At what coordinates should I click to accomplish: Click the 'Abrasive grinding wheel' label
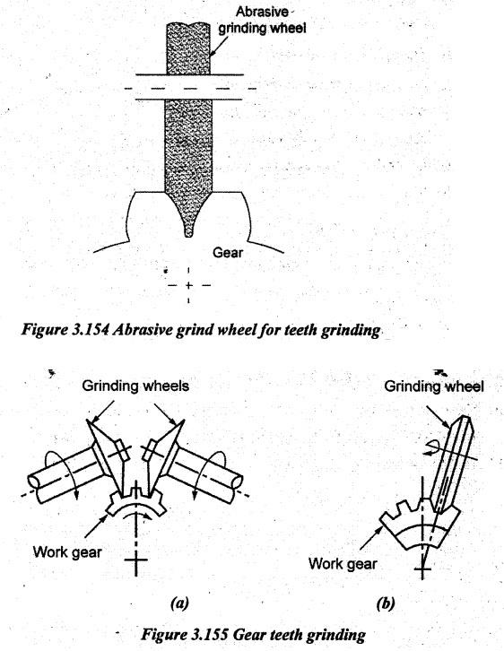coord(263,20)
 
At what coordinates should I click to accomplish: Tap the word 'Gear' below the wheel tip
coord(228,253)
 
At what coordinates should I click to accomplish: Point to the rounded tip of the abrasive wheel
coord(188,231)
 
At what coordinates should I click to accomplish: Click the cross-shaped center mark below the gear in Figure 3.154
coord(189,286)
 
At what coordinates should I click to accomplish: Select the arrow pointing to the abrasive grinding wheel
coord(219,47)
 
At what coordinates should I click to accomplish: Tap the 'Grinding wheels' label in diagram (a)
coord(135,386)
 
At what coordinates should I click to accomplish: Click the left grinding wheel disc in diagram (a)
coord(109,456)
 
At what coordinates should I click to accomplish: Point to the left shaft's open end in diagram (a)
coord(33,482)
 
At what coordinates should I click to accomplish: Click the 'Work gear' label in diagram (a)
coord(67,552)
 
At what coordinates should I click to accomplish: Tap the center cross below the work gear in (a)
coord(135,560)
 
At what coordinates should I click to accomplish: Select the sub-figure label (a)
coord(179,603)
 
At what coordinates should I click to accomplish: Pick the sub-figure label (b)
coord(386,603)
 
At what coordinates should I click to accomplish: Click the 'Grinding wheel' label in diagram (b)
coord(434,386)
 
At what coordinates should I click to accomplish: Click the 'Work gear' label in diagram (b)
coord(343,564)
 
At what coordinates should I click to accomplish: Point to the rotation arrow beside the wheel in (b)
coord(431,448)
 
